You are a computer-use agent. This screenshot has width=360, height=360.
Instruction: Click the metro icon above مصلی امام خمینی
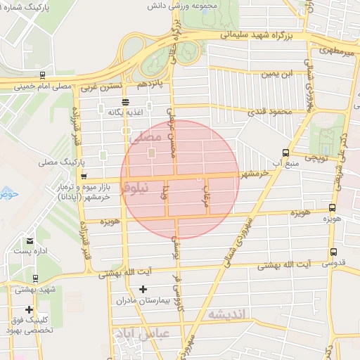click(x=44, y=75)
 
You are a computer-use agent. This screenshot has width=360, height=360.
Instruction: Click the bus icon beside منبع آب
click(x=285, y=152)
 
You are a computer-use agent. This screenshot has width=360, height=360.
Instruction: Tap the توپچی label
click(x=314, y=160)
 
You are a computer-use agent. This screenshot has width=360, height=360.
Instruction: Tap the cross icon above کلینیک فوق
click(x=29, y=309)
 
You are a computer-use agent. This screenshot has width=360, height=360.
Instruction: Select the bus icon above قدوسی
click(x=333, y=252)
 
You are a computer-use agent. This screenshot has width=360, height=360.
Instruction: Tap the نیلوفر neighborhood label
click(x=135, y=188)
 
